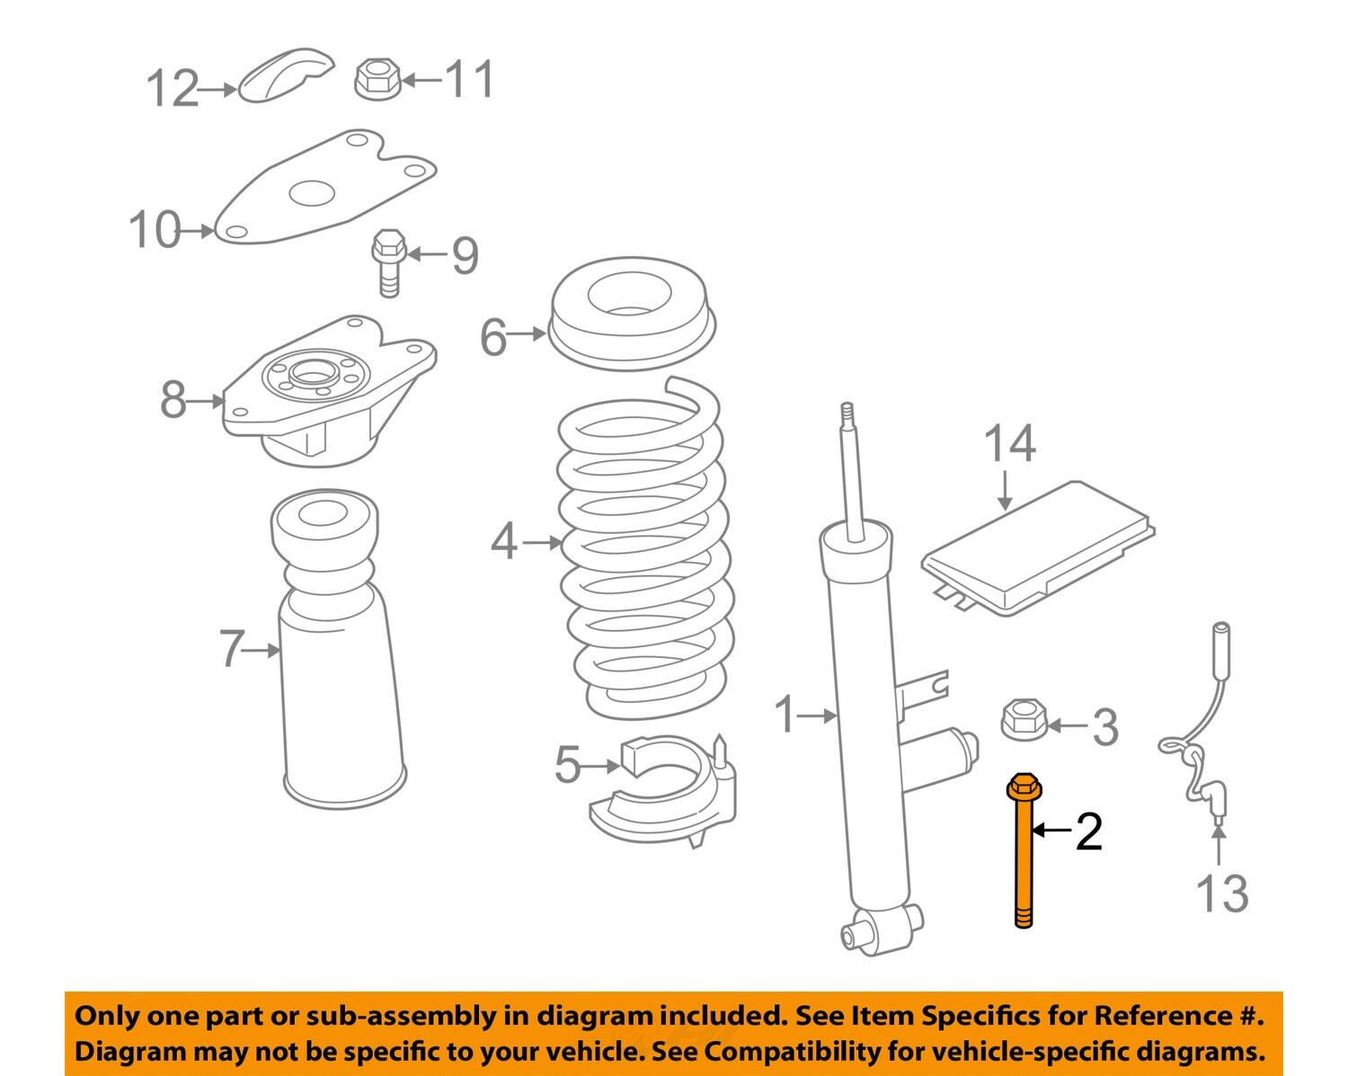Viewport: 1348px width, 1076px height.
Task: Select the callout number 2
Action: [x=1088, y=831]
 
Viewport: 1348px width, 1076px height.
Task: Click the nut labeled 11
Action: [x=377, y=79]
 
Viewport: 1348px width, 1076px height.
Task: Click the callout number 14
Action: [x=1009, y=444]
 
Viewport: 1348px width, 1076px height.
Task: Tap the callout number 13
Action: [x=1221, y=894]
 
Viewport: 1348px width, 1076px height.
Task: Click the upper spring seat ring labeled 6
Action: [x=631, y=315]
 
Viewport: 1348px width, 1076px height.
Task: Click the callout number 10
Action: [x=154, y=230]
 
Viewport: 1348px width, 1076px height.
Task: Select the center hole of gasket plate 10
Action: [x=312, y=192]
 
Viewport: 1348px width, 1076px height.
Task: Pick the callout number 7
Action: [x=232, y=648]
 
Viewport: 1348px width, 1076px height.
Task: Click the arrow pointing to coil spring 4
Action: [x=543, y=542]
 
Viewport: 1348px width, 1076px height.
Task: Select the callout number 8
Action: [x=173, y=400]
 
